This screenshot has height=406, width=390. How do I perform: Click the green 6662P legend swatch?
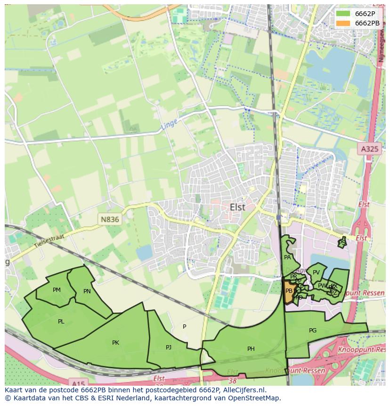(343, 13)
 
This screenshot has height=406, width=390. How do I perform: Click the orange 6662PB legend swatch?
(343, 23)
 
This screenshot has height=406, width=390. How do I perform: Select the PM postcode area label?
(57, 290)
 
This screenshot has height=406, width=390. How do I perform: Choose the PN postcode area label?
(87, 291)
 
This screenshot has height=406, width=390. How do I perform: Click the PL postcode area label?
(61, 322)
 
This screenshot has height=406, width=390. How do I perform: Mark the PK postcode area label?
(115, 343)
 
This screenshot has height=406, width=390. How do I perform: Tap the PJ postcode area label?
(169, 348)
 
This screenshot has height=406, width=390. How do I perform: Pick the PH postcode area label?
(251, 349)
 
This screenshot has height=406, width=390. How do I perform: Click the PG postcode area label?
(313, 331)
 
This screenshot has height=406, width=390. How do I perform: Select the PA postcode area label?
(287, 257)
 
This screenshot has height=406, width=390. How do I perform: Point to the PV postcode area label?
(316, 273)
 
